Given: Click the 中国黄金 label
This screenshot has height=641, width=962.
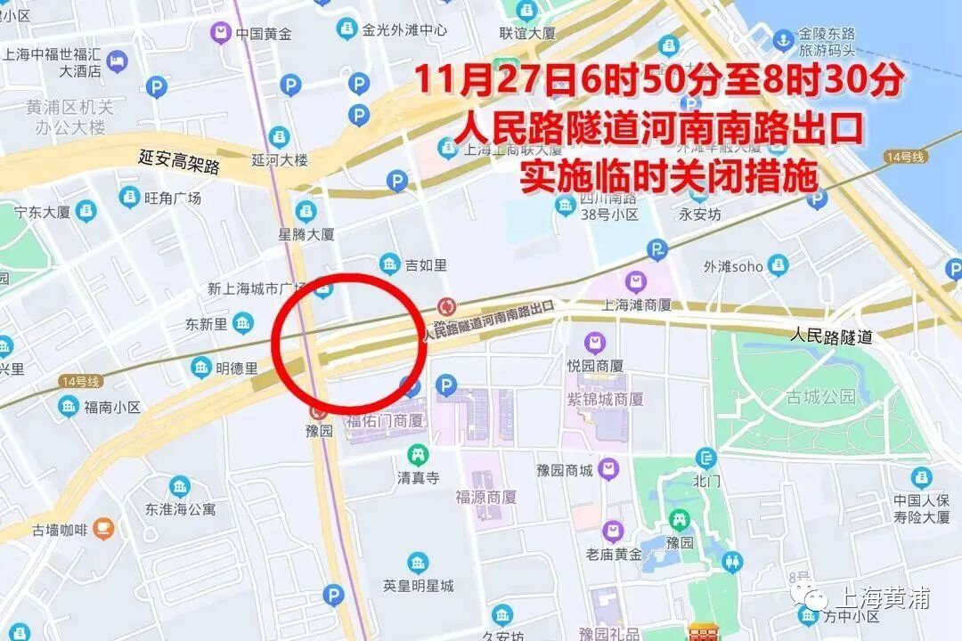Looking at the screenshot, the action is pos(264,34).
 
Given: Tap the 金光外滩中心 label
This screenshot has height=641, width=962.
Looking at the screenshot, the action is pos(404,29).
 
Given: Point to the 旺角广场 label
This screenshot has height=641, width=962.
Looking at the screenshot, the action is pos(173,198).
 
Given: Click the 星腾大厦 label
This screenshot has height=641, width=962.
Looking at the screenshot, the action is pos(306,234).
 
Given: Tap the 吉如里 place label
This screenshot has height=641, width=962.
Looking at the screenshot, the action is pos(426,264).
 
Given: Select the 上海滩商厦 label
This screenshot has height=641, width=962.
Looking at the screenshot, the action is pos(636,304).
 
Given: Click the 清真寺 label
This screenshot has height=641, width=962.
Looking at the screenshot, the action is pos(419,478).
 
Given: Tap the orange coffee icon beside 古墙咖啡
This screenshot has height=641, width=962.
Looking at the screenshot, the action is pos(103,529).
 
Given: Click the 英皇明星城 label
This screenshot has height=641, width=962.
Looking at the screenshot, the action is pos(418,585).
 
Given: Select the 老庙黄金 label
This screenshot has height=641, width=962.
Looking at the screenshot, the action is pos(614,554).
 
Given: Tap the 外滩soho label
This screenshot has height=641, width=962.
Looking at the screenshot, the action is pos(733,266).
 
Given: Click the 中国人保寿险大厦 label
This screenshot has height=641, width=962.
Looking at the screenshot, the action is pos(922,507).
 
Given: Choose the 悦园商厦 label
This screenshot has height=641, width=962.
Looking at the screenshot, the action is pos(595,365).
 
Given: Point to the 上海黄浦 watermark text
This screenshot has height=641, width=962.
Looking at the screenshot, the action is pos(876,598).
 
